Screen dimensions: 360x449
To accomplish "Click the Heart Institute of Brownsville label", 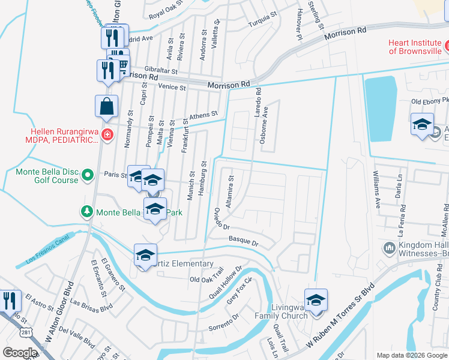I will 414,47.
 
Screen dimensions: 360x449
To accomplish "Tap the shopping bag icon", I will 106,106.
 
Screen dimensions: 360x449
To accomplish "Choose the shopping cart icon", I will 122,64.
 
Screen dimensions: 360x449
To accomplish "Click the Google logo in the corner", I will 20,352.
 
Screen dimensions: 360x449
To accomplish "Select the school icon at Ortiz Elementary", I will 145,255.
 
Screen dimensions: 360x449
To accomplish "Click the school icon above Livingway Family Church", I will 316,299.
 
